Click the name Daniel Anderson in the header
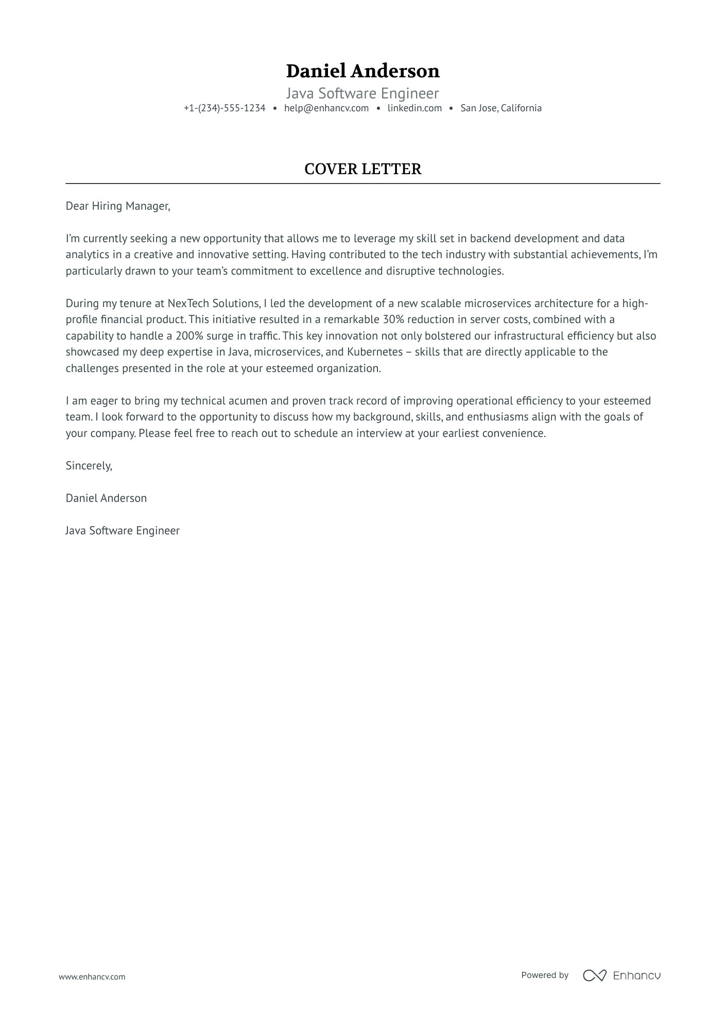[x=362, y=71]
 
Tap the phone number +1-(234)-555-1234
[x=224, y=108]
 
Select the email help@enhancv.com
[x=326, y=108]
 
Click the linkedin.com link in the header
[x=414, y=108]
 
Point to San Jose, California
[x=500, y=108]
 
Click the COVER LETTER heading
[x=362, y=169]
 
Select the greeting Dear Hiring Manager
[x=117, y=206]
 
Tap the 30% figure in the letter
[x=393, y=319]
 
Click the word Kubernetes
[x=374, y=352]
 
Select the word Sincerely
[x=89, y=466]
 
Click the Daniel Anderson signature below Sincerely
[x=106, y=498]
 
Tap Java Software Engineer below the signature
[x=123, y=531]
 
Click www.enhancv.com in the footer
[x=92, y=976]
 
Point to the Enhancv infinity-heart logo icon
[x=594, y=975]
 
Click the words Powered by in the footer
[x=544, y=975]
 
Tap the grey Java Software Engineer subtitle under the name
[x=362, y=94]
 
